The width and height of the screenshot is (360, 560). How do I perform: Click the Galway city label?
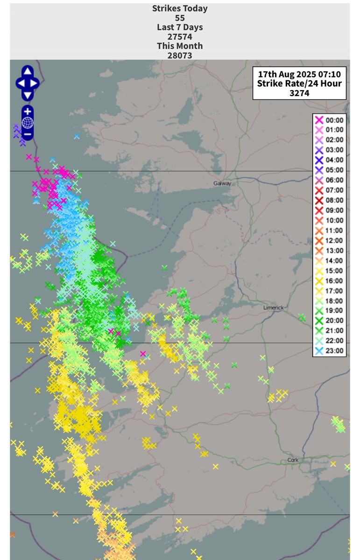coord(222,183)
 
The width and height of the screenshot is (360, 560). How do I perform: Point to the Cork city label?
coord(293,460)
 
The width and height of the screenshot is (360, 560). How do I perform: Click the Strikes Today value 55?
coord(180,18)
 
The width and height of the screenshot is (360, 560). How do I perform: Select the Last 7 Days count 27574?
coord(180,37)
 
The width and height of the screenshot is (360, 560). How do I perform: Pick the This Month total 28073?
coord(180,56)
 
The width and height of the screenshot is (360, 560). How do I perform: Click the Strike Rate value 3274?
coord(299,93)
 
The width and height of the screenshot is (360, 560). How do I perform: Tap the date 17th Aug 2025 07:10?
coord(299,74)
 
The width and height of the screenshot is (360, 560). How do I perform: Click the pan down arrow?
coord(28,95)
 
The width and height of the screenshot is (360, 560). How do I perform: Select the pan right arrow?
coord(35,84)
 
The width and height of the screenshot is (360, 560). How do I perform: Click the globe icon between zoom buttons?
coord(28,123)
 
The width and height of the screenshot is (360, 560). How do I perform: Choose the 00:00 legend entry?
coord(330,120)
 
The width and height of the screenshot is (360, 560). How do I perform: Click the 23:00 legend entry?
coord(330,351)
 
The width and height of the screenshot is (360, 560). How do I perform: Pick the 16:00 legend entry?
coord(330,280)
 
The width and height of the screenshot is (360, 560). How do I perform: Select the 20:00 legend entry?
coord(330,321)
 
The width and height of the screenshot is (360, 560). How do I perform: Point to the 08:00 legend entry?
coord(330,200)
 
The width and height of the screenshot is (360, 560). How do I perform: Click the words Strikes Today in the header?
coord(180,8)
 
